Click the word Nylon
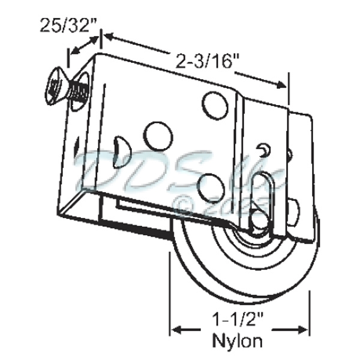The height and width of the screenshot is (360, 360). tap(238, 342)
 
